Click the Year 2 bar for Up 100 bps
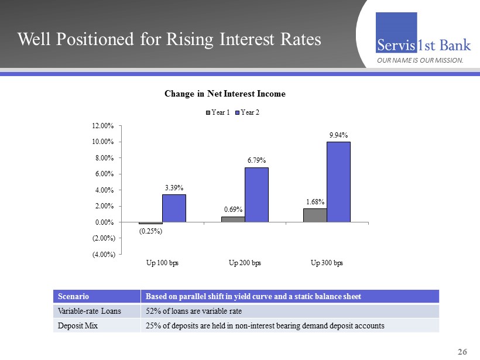tap(174, 208)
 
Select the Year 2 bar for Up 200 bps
tap(256, 195)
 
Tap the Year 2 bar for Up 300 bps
tap(338, 182)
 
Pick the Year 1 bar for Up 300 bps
tap(315, 215)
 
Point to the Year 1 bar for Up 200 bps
tap(233, 220)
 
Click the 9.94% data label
tap(337, 135)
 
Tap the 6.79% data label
tap(256, 160)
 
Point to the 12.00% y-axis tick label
tap(102, 126)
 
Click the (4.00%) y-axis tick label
tap(102, 254)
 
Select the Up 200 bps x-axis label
tap(245, 263)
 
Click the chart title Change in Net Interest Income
tap(225, 94)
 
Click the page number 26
tap(462, 352)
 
